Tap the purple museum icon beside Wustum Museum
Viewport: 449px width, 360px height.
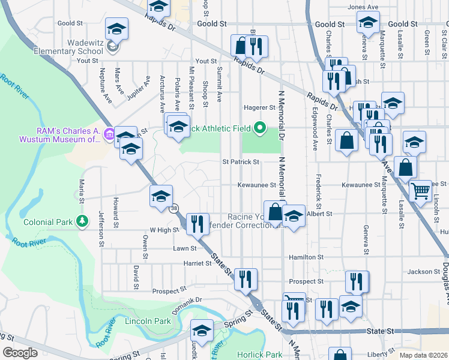(109, 133)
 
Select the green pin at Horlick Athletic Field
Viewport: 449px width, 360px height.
(260, 128)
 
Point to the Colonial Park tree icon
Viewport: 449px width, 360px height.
(82, 222)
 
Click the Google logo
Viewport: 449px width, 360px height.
(20, 353)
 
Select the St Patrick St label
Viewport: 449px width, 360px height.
(241, 162)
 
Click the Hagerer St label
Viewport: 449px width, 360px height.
(259, 108)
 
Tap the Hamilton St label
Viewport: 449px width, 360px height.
(306, 256)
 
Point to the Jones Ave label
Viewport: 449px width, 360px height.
(363, 7)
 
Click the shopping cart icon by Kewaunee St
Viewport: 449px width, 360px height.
(421, 191)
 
